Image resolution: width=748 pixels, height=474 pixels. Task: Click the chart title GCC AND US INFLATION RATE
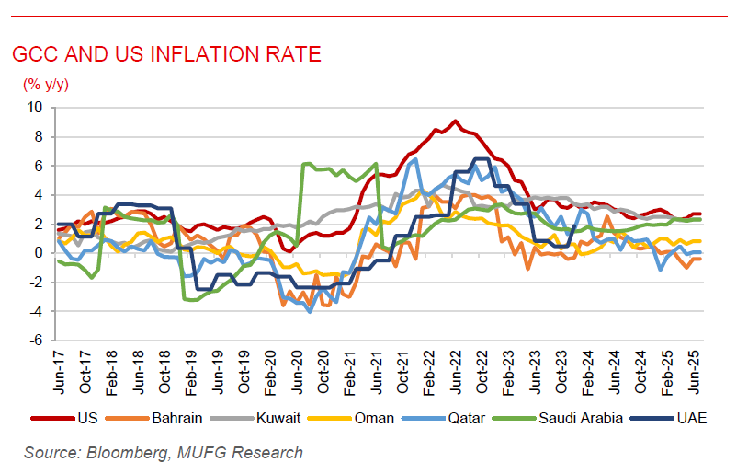(x=166, y=54)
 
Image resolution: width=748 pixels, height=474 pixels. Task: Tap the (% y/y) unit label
(x=46, y=85)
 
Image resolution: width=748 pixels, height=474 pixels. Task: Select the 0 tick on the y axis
(x=38, y=253)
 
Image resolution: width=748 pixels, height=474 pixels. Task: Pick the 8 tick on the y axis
(x=38, y=136)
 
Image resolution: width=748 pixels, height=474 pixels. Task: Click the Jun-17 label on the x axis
(x=59, y=371)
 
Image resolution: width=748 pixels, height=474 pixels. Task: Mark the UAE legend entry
(x=689, y=418)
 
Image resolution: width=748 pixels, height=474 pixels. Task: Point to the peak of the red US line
(x=455, y=121)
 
